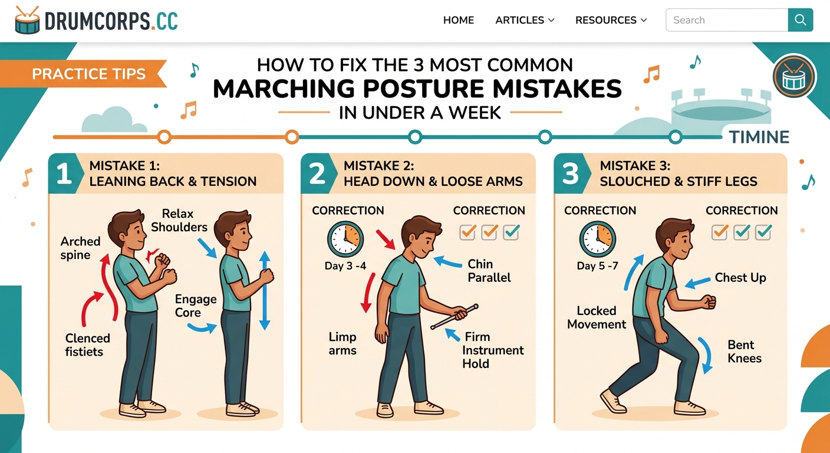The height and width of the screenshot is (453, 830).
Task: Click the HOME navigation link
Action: pos(458,20)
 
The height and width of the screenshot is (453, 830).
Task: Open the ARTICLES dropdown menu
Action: pos(525,20)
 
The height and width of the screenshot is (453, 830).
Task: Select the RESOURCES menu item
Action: pos(611,20)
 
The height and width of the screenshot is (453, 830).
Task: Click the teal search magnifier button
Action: pos(800,20)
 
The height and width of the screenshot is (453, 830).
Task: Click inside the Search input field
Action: pos(726,20)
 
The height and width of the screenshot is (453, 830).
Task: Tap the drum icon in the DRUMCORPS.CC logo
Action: pos(27,20)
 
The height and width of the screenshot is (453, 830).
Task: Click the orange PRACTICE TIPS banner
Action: pos(88,74)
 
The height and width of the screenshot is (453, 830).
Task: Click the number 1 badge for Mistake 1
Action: pos(64,174)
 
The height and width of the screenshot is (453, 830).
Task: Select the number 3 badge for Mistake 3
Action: pos(570,174)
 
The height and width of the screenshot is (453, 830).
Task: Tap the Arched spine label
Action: pos(80,248)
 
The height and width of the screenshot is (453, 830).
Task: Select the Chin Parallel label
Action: pos(489,271)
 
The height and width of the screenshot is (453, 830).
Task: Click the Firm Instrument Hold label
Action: pos(492,350)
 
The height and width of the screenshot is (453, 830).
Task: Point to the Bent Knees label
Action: pos(744,352)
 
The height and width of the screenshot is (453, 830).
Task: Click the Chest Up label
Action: pos(740,277)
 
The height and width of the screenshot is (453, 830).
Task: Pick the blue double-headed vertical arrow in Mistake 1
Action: pos(265,290)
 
